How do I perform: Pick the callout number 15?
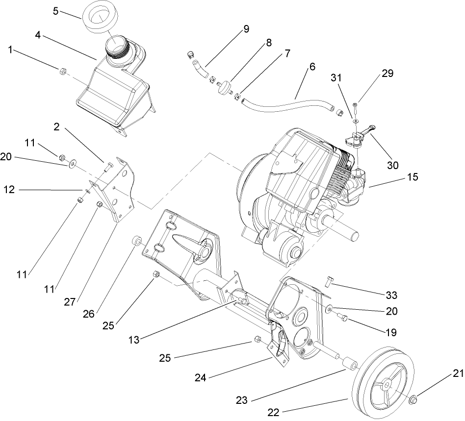point(413,177)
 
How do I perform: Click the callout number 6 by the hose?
point(312,66)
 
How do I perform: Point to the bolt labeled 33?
point(329,281)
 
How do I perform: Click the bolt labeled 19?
point(344,319)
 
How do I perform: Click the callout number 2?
point(57,127)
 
